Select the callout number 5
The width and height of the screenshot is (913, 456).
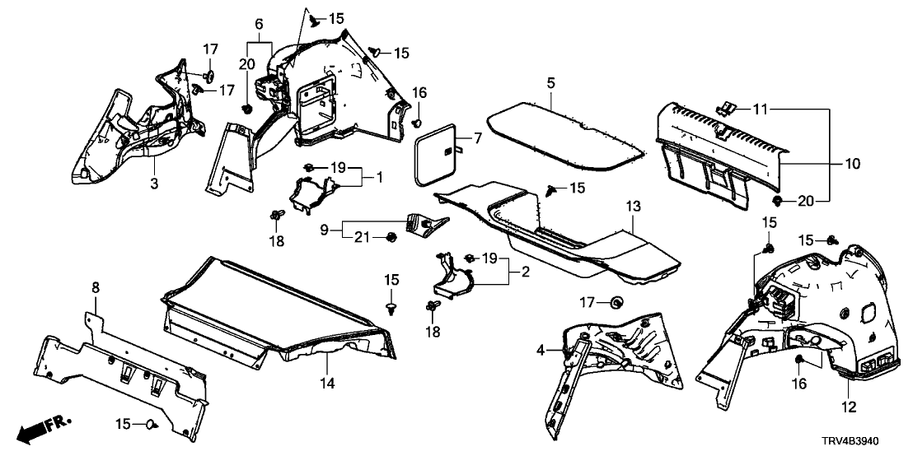coord(550,82)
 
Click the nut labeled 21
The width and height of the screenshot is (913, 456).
coord(391,239)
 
